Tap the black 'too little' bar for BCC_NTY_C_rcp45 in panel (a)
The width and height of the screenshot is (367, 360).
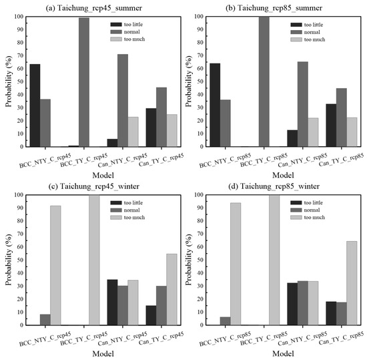[35, 106]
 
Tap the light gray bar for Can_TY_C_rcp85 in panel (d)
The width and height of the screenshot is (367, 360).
[351, 283]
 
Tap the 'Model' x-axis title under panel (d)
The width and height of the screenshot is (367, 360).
[282, 354]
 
